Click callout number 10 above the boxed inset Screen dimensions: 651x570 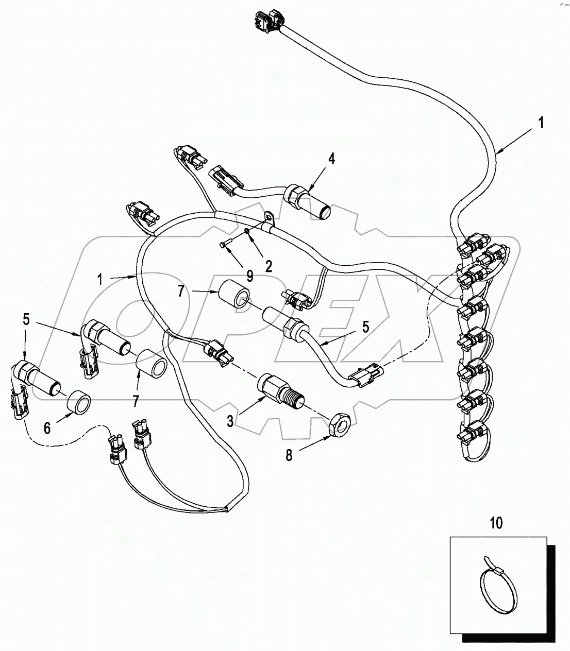click(x=495, y=523)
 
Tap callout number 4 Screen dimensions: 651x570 click(x=331, y=159)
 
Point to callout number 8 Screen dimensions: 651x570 click(x=289, y=456)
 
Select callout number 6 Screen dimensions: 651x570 click(x=47, y=428)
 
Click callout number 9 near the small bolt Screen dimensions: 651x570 click(x=249, y=276)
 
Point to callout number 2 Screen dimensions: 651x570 click(x=269, y=266)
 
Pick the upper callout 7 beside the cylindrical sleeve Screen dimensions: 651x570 click(x=181, y=292)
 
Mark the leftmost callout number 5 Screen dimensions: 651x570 click(x=26, y=320)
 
